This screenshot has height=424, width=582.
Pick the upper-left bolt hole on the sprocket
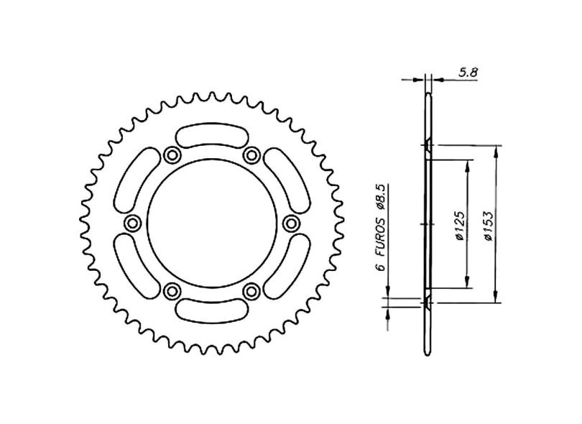(x=172, y=155)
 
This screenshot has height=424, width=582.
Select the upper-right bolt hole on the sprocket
(x=251, y=155)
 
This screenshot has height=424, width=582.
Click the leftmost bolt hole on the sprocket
(x=131, y=223)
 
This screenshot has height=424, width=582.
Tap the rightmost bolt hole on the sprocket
(x=291, y=223)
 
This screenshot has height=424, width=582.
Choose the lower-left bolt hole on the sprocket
(x=172, y=290)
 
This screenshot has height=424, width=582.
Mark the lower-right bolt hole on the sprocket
(x=251, y=290)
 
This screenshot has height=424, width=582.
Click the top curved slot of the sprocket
(x=211, y=134)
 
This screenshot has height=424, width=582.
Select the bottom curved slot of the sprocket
(x=211, y=310)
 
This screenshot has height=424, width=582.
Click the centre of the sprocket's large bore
(x=211, y=223)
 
